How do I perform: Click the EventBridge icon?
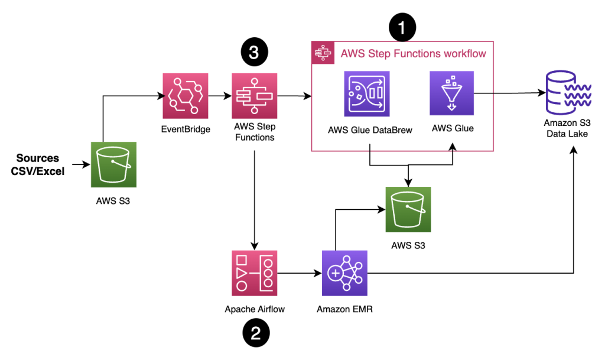point(186,96)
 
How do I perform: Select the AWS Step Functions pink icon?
point(254,96)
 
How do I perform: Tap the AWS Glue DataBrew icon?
point(367,94)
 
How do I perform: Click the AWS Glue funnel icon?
point(452,93)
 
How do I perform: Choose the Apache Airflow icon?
point(254,273)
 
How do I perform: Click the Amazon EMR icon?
point(344,273)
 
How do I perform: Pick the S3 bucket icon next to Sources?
point(113,164)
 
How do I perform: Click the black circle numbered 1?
point(402,27)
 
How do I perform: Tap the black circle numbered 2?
point(255,333)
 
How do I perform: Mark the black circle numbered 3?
point(254,53)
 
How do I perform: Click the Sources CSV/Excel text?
point(38,164)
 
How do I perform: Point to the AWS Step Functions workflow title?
point(413,54)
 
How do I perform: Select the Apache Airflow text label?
point(255,309)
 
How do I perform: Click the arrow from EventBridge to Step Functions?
point(220,95)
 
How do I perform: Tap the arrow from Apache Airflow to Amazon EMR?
point(299,273)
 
